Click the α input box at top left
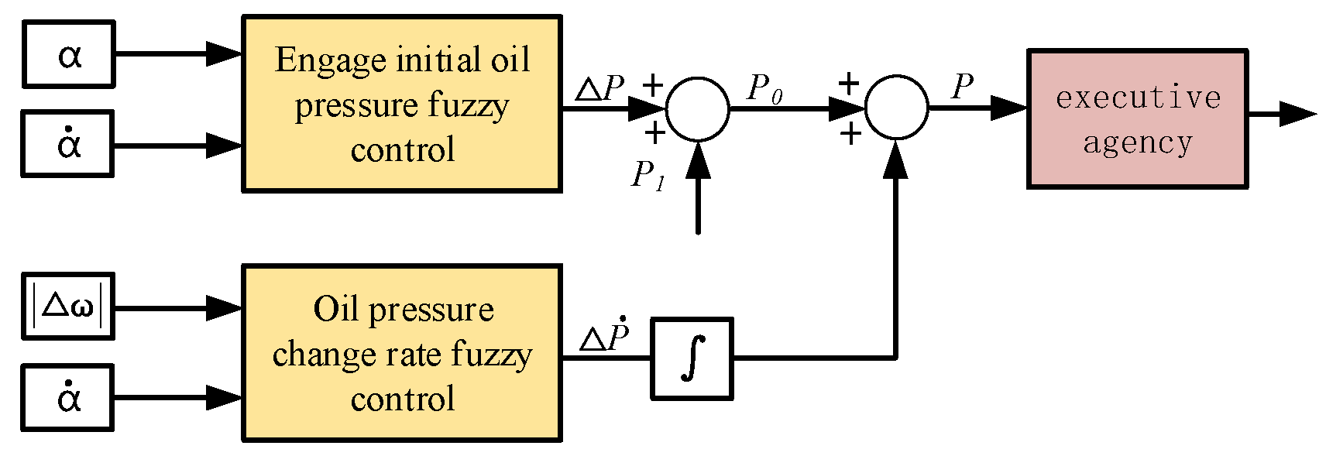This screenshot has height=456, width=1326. pos(68,54)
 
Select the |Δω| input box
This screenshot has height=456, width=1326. pos(68,307)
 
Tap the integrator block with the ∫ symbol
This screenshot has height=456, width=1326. pos(692,358)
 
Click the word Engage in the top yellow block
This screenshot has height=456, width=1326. pos(330,60)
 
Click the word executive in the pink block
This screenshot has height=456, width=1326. pos(1137,98)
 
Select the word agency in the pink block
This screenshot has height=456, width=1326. pos(1137,143)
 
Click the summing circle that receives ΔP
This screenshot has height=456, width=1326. pos(697,108)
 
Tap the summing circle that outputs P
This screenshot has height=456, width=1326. pos(895,108)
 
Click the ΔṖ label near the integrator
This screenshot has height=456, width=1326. pos(604,336)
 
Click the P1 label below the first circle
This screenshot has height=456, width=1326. pos(648,176)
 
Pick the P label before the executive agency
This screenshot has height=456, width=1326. pos(962,87)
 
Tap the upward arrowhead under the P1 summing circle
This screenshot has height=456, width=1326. pos(698,159)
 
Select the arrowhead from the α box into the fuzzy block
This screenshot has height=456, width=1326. pos(225,54)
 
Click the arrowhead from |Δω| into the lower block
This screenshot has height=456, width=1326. pos(225,308)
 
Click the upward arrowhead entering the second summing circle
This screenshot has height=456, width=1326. pos(895,159)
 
